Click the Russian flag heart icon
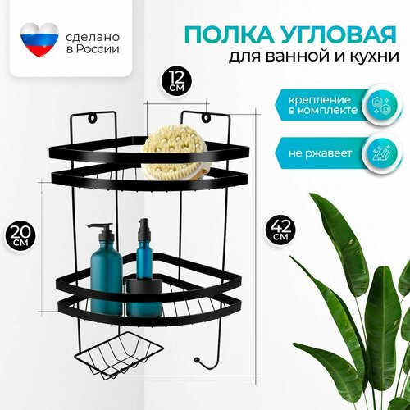pos(39,40)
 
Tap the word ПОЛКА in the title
pos(227,35)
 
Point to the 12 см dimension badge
pos(176,80)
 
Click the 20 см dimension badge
pos(20,235)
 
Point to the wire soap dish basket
pos(119,355)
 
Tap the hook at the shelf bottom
pos(207,360)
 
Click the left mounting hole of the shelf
pos(93,118)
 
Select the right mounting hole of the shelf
pos(206,118)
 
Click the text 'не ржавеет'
pos(320,153)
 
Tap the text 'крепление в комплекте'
pos(323,105)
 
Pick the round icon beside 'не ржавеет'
pos(382,153)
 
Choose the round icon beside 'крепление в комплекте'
pos(382,105)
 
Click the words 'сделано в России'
pos(93,43)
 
